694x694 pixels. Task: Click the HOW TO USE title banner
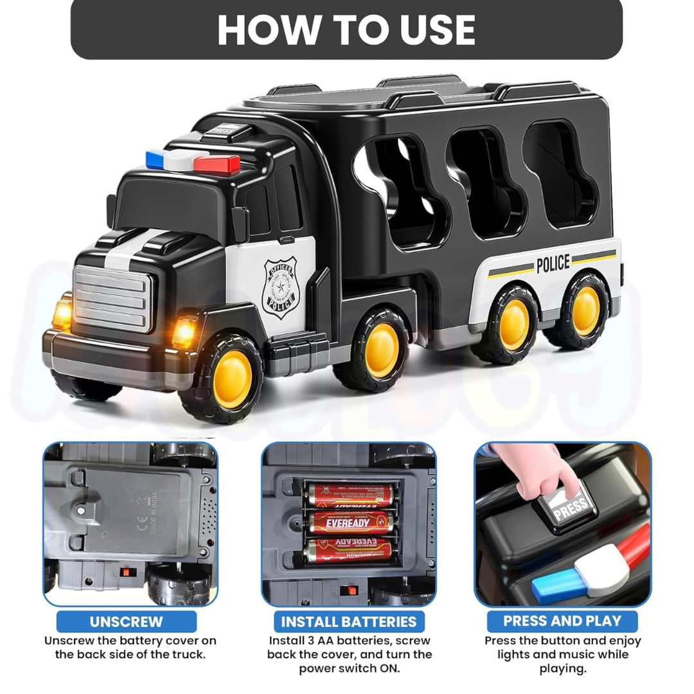point(346,29)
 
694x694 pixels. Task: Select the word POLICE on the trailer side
point(553,263)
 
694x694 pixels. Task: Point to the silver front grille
point(112,298)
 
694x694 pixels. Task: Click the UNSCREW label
point(127,621)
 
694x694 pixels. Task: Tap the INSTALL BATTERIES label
point(348,621)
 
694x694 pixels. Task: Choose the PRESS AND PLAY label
point(562,621)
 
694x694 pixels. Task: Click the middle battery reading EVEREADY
point(350,522)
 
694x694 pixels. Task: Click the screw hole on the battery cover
point(84,511)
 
